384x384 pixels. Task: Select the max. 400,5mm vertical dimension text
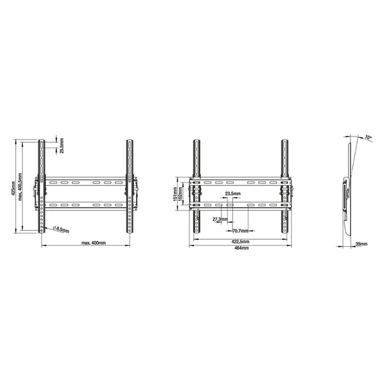pyautogui.click(x=20, y=185)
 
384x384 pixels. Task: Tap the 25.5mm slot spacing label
pyautogui.click(x=61, y=145)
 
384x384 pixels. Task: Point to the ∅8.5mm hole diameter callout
pyautogui.click(x=61, y=229)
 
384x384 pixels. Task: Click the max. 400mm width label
pyautogui.click(x=94, y=242)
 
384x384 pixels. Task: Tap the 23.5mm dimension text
pyautogui.click(x=233, y=194)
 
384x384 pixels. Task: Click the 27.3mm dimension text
pyautogui.click(x=219, y=219)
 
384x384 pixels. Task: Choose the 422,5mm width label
pyautogui.click(x=239, y=241)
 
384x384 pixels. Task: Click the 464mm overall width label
pyautogui.click(x=241, y=248)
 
